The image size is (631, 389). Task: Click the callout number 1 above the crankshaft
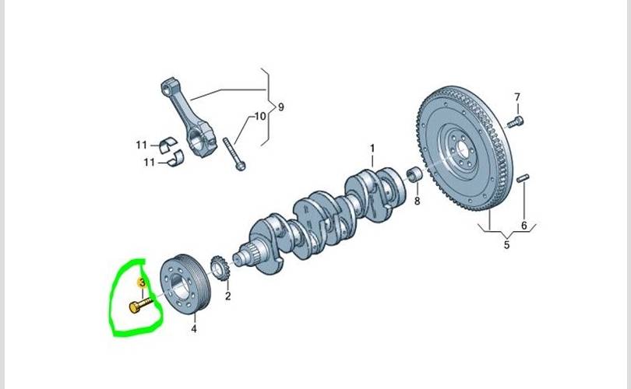click(x=372, y=149)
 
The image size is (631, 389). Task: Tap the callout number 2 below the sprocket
click(x=227, y=296)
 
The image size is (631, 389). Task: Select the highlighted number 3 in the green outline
click(x=142, y=283)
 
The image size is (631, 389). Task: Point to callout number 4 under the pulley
click(x=194, y=329)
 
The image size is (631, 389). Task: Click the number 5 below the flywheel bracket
click(x=506, y=244)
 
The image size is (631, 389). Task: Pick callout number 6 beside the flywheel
click(x=524, y=226)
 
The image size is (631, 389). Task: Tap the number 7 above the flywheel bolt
click(x=517, y=97)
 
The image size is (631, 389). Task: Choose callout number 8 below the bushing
click(x=417, y=201)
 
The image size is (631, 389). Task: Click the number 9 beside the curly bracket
click(x=281, y=107)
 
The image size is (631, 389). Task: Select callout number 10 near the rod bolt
click(x=260, y=116)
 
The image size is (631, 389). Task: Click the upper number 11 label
click(x=141, y=145)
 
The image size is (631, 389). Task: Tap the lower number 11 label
click(x=150, y=163)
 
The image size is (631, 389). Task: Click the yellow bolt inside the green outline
click(x=141, y=304)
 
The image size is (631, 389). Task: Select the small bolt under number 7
click(x=515, y=122)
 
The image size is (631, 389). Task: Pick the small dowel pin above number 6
click(x=523, y=177)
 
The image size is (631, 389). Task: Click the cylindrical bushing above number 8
click(x=414, y=175)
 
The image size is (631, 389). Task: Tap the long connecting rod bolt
click(x=234, y=154)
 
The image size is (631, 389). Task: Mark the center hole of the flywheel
click(x=463, y=151)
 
